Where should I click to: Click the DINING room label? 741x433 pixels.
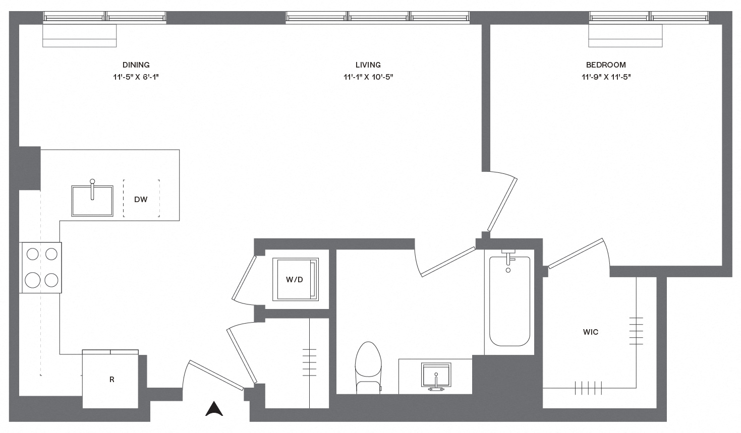coord(136,65)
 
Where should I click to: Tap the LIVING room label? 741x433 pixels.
coord(368,65)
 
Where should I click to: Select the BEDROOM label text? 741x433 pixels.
coord(606,65)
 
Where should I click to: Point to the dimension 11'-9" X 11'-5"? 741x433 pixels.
coord(606,77)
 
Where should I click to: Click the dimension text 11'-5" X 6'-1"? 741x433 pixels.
coord(136,77)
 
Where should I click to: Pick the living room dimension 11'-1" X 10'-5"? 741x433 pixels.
coord(368,77)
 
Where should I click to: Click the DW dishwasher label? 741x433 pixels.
coord(141,199)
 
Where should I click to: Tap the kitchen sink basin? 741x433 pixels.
coord(92,201)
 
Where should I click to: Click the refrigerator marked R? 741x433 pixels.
coord(110,379)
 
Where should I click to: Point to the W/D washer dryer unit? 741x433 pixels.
coord(296,279)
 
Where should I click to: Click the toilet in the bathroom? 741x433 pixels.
coord(368,367)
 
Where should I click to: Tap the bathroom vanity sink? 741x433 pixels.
coord(436,376)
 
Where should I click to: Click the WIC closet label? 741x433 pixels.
coord(591,332)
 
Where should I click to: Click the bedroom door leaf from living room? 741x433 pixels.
coord(502,205)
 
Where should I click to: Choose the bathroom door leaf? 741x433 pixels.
coord(448,262)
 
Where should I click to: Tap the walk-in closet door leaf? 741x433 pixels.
coord(576,254)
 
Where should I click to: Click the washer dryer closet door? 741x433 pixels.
coord(244,278)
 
